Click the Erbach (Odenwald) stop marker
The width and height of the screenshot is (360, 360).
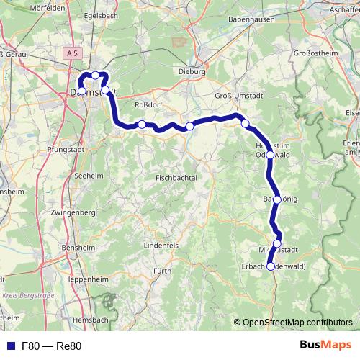pyautogui.click(x=270, y=266)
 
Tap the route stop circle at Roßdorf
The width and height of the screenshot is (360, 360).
pyautogui.click(x=143, y=125)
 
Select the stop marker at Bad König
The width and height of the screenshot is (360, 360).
pyautogui.click(x=276, y=199)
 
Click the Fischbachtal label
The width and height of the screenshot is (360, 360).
pyautogui.click(x=175, y=177)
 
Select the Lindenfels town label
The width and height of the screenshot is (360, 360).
pyautogui.click(x=161, y=246)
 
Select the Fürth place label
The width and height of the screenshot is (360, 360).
pyautogui.click(x=163, y=271)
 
